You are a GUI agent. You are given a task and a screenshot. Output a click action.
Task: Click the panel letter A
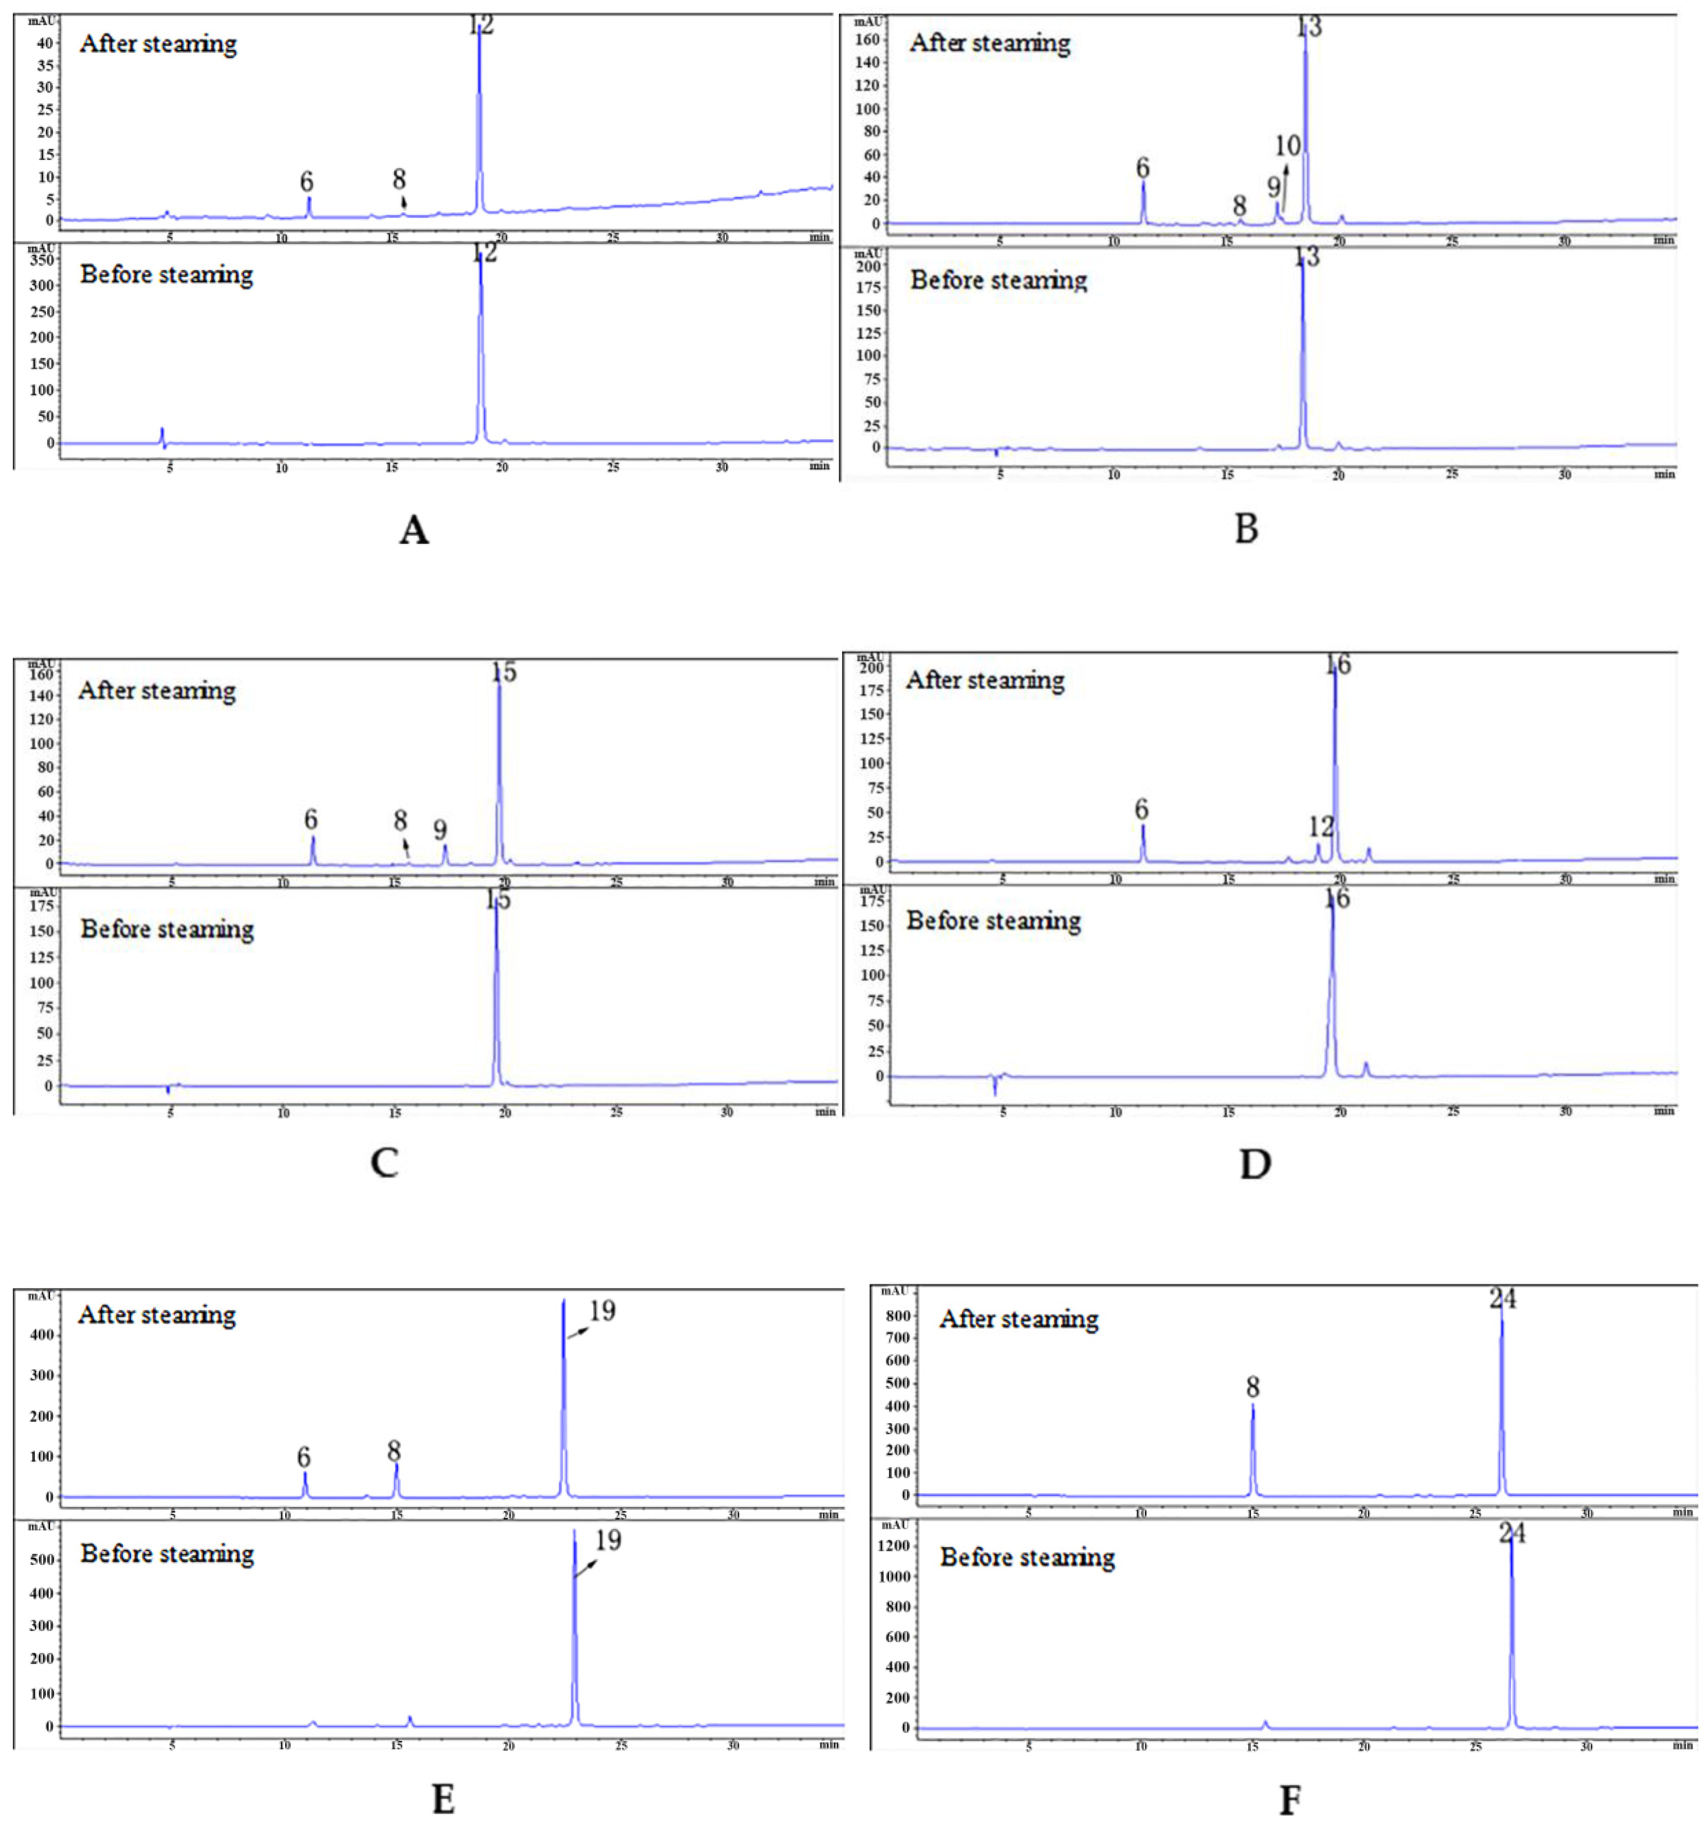(413, 530)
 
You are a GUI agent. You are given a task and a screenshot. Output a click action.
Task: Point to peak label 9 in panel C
(440, 829)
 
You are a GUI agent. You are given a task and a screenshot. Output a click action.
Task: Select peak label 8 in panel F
(1252, 1387)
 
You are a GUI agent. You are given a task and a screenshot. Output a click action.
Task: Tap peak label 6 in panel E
(303, 1458)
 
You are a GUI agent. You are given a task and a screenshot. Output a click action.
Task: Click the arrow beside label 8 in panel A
(403, 202)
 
